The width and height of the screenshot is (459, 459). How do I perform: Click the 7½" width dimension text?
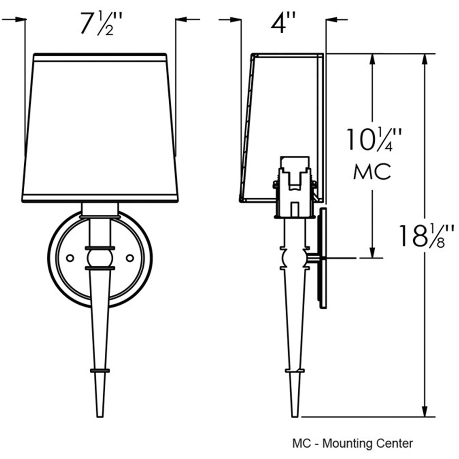point(101,24)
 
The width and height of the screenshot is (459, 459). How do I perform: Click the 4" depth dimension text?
point(283,23)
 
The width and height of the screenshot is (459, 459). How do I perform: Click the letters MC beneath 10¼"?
point(372,172)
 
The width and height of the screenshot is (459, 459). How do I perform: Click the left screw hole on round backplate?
point(70,258)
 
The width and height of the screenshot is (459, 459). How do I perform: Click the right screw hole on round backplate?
point(130,258)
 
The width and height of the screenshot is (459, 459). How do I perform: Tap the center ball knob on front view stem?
point(100,258)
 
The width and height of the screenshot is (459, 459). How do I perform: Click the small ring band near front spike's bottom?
point(100,371)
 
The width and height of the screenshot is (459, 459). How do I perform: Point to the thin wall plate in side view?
point(323,258)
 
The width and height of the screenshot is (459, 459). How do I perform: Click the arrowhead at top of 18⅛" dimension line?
point(425,60)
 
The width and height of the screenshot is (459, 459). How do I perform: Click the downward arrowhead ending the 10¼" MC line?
point(372,252)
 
